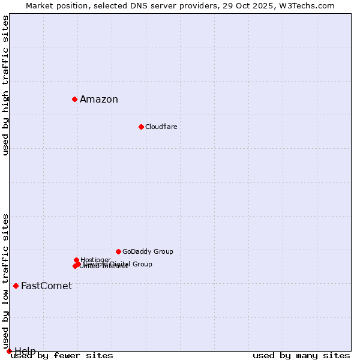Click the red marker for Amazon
tap(74, 99)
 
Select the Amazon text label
tap(99, 100)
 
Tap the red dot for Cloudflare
tap(141, 127)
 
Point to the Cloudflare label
tap(161, 127)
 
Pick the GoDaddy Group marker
tap(118, 251)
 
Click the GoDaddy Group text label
tap(148, 252)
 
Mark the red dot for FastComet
tap(16, 286)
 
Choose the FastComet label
tap(46, 286)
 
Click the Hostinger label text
tap(95, 260)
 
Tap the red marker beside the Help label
tap(9, 351)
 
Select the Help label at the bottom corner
tap(25, 351)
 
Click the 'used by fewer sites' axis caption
tap(62, 356)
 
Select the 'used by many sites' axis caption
tap(301, 356)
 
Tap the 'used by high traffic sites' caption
tap(6, 85)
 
